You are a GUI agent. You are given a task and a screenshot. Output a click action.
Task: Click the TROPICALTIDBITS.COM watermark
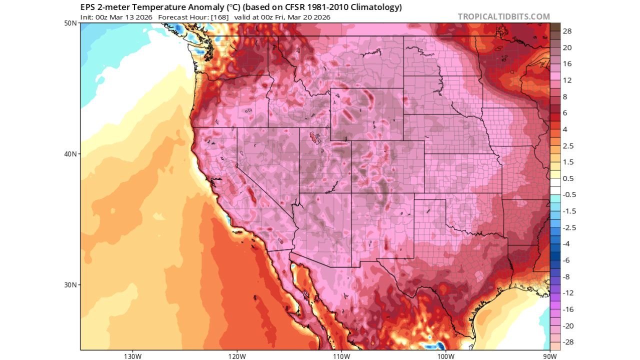point(503,16)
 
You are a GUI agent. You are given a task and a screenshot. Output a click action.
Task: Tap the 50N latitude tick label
point(70,23)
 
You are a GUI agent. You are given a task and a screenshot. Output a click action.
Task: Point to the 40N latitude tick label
point(70,154)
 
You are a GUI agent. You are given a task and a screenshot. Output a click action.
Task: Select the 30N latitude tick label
point(70,285)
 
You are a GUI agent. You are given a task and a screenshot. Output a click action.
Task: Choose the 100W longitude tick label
point(445,356)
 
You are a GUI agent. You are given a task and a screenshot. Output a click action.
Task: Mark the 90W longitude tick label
point(549,356)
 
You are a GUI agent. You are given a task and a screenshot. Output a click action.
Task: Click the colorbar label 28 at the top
point(567,31)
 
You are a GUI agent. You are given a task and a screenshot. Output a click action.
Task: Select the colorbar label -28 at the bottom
point(568,342)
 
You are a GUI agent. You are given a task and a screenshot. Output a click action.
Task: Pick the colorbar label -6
point(566,260)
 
